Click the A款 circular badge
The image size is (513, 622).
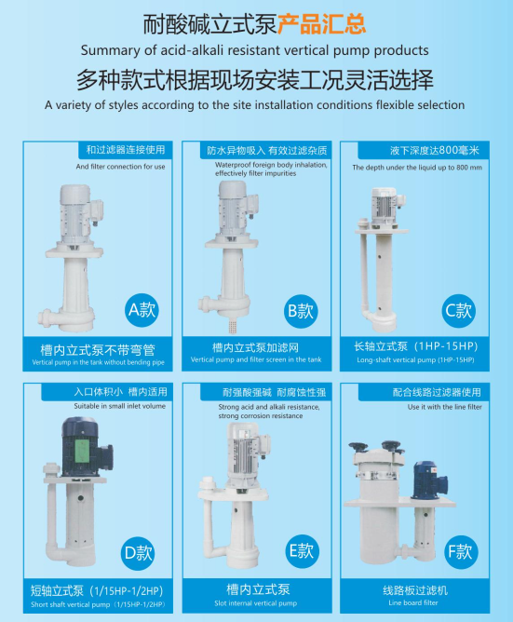pos(142,310)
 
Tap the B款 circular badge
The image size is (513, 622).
pos(301,311)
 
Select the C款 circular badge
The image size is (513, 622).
pos(458,311)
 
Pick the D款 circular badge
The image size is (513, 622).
pos(138,553)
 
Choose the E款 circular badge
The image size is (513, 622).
pos(302,550)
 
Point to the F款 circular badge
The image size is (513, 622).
pos(461,551)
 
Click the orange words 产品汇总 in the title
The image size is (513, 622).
pos(321,24)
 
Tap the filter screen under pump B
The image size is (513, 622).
pos(232,325)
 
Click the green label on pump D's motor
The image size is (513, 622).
pos(83,451)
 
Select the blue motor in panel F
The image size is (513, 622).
pos(429,480)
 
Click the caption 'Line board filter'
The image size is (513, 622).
pos(413,602)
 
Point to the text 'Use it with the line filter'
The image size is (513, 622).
pos(444,407)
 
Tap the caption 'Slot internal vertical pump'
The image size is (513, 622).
pos(255,603)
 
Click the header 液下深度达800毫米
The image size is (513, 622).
pos(435,150)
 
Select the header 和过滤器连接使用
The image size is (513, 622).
pos(126,150)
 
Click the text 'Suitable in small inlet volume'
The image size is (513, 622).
pos(120,406)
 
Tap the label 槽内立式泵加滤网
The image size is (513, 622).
pos(255,348)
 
